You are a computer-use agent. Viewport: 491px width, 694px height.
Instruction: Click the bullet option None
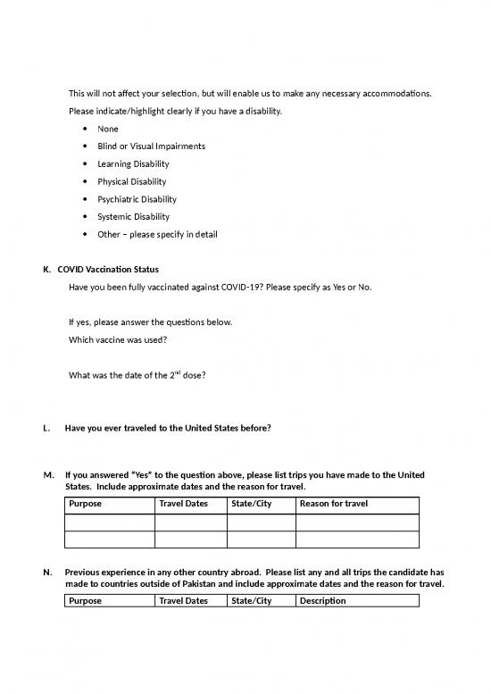point(107,129)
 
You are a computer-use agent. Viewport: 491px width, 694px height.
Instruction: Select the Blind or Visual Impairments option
point(151,146)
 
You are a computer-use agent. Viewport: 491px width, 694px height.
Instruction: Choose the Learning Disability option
point(133,164)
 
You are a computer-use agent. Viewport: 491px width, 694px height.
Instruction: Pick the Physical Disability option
point(132,181)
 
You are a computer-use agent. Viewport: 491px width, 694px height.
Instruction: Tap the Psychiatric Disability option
point(137,199)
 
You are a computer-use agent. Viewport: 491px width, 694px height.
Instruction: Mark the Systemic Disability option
point(133,217)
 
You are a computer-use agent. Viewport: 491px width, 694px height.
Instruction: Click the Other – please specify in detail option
point(157,234)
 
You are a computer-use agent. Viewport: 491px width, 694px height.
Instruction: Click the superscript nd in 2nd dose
point(178,372)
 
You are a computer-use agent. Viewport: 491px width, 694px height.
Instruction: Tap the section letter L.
point(46,428)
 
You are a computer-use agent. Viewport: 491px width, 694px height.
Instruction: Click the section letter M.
point(47,474)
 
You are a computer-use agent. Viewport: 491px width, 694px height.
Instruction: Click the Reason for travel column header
point(334,505)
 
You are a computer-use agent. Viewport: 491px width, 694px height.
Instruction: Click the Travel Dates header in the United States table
point(183,505)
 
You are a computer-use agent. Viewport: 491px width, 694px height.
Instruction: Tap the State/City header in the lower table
point(251,601)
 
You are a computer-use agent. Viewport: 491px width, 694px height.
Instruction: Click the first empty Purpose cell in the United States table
point(110,523)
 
